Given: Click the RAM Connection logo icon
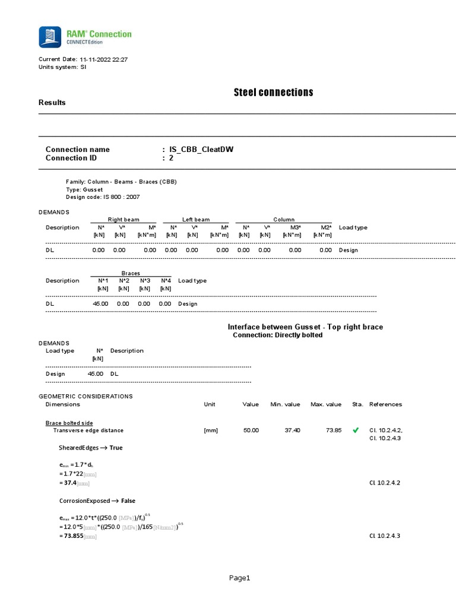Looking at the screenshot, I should click(x=49, y=37).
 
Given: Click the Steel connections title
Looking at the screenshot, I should click(x=273, y=92).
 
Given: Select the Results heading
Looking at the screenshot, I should click(x=52, y=103).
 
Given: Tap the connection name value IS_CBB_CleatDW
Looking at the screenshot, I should click(x=201, y=150).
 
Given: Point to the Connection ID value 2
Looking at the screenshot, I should click(x=171, y=158).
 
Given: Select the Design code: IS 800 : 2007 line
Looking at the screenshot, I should click(x=103, y=197).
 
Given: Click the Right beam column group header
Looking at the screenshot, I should click(x=123, y=220).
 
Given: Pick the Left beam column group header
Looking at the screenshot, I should click(x=195, y=220).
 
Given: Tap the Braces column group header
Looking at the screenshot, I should click(x=131, y=273).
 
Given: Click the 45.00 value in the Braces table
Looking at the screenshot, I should click(x=100, y=303).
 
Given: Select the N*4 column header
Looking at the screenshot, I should click(x=166, y=281).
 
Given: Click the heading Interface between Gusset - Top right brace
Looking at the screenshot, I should click(x=305, y=327).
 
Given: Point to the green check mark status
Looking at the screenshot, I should click(x=356, y=430).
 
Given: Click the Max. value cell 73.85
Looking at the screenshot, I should click(x=333, y=430).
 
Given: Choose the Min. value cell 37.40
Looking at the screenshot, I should click(x=285, y=430).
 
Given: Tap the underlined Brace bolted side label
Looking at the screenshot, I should click(x=69, y=423).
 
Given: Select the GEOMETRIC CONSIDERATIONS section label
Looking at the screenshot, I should click(x=85, y=396).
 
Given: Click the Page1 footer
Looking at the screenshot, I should click(x=240, y=578).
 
